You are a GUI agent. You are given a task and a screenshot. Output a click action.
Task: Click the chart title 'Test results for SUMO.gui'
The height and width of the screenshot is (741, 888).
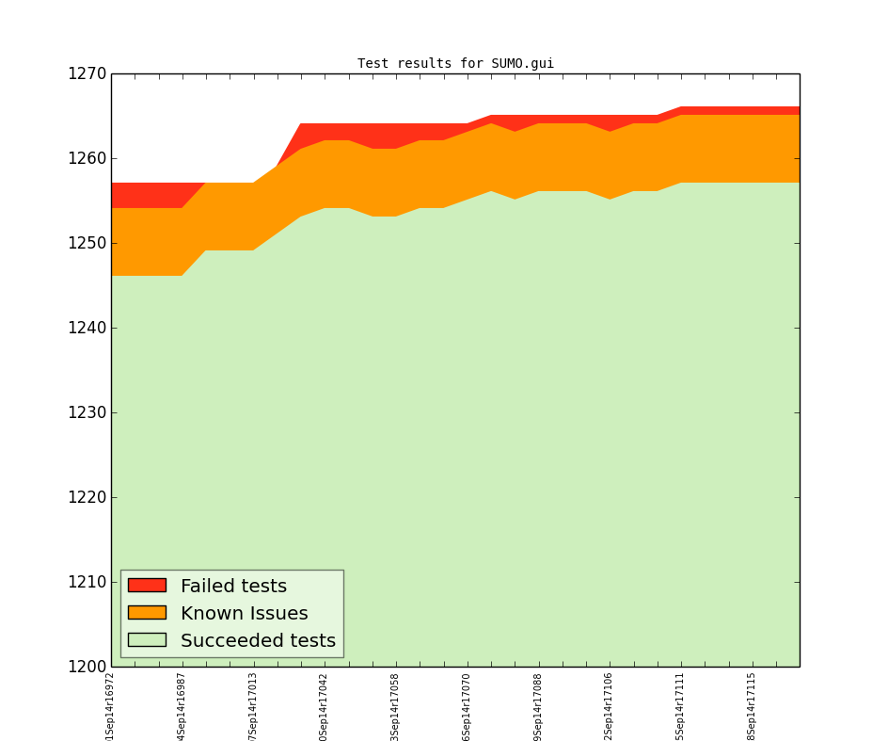coord(455,64)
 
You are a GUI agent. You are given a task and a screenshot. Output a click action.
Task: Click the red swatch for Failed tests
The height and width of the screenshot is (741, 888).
coord(147,586)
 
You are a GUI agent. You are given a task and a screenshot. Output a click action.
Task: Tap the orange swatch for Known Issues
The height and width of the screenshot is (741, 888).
coord(147,613)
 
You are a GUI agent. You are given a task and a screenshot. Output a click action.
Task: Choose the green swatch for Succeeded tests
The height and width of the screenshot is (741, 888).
coord(147,640)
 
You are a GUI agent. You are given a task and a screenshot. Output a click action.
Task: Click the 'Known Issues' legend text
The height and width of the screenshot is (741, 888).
coord(244,614)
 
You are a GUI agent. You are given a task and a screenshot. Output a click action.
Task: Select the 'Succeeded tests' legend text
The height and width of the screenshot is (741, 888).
coord(258,641)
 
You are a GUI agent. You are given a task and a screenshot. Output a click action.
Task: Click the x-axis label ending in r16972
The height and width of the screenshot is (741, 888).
coord(111,705)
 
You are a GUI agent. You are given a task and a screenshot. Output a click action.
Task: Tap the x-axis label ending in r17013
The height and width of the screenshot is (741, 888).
coord(253,705)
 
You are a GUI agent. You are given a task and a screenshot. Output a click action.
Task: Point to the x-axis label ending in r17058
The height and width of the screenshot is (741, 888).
coord(395,705)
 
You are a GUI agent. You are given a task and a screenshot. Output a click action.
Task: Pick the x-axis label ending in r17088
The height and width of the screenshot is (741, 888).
coord(538,705)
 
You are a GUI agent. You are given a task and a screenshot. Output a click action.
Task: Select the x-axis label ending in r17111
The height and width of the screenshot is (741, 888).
coord(680,705)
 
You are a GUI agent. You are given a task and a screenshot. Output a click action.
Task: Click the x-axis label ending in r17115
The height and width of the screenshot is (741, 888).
coord(752,705)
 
